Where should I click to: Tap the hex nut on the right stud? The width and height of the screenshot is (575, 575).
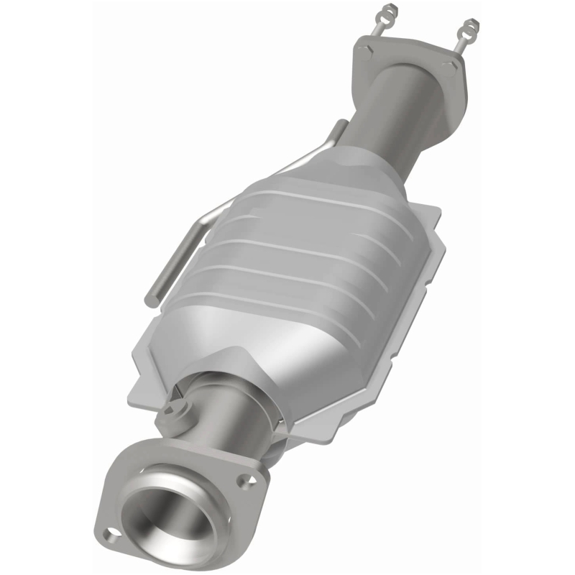[x=471, y=27]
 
